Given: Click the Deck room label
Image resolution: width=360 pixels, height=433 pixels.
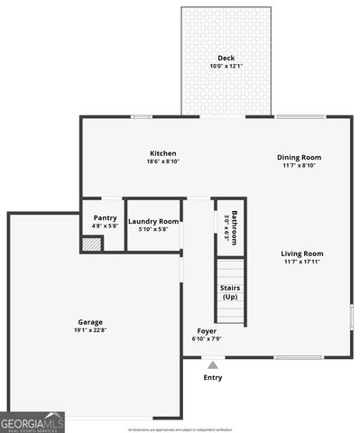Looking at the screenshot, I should coord(226,58).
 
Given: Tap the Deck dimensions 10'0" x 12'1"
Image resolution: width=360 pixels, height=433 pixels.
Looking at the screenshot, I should coord(226,66).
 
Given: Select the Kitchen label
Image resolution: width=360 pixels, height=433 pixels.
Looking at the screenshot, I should coord(163,153).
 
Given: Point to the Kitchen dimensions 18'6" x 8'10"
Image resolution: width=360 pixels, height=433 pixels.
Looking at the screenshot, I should coord(163,162).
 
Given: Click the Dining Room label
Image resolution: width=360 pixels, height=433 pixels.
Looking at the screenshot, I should coord(299,157).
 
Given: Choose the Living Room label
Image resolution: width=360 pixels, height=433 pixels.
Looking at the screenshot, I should coord(302,253).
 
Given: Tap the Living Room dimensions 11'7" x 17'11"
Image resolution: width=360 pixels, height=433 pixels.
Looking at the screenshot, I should coord(302,263).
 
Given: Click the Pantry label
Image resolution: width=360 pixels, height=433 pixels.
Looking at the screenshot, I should coord(106,217).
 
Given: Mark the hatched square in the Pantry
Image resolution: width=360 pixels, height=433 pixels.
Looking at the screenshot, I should coord(91,244).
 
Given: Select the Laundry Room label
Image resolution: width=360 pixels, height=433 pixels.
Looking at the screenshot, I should coord(153,221).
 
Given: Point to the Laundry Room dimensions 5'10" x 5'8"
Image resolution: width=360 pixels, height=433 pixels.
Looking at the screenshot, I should coord(153,229).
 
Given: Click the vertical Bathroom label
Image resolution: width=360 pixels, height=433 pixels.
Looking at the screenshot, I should coord(234,227).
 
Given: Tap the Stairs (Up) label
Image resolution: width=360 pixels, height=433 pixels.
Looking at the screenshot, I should coord(230,292).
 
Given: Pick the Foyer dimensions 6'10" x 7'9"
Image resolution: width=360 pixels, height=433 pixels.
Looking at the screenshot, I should coord(207,339).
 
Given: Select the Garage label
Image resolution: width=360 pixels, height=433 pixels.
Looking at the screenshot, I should coord(90,322).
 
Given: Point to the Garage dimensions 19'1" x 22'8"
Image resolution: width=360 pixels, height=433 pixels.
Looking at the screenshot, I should coord(90,331).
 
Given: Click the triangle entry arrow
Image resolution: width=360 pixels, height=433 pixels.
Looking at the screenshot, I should coord(213,365).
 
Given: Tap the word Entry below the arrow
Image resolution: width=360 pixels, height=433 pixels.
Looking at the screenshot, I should coord(213,378).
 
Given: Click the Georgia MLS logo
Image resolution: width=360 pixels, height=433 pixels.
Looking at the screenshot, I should coord(32,422).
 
